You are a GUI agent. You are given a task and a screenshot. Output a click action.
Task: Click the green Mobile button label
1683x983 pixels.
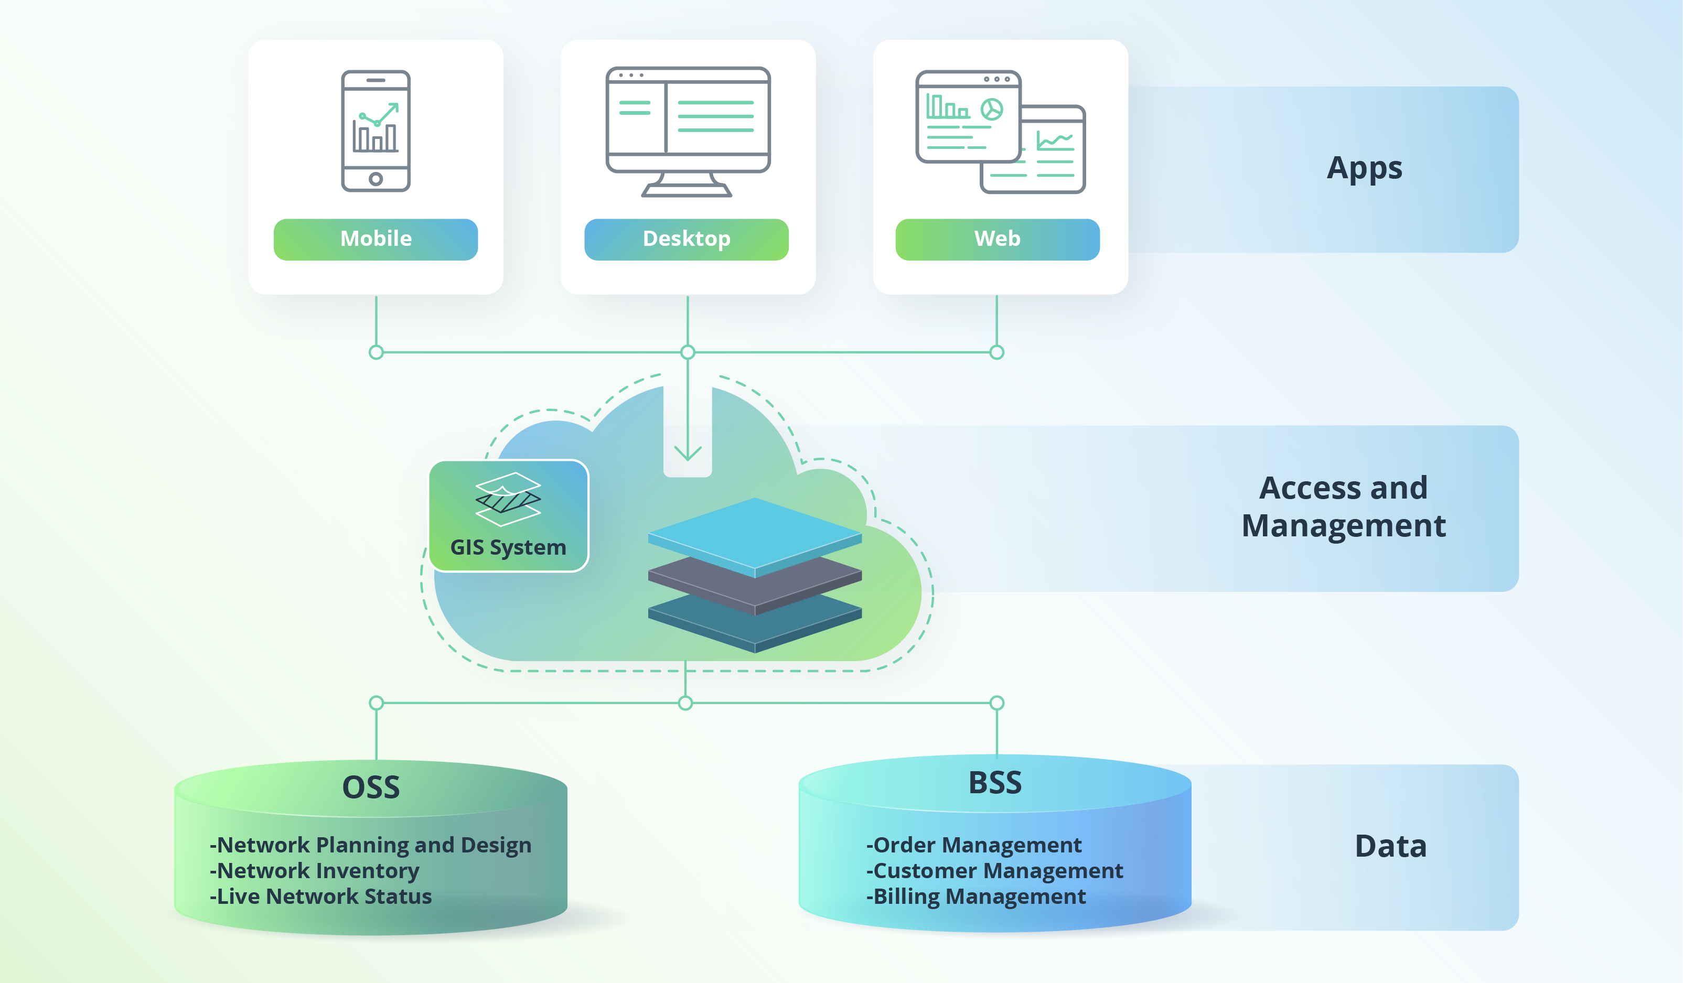pos(376,239)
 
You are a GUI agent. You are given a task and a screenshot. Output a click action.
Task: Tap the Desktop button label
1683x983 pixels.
pos(686,239)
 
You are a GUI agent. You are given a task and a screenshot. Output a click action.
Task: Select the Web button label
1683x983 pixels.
pos(997,239)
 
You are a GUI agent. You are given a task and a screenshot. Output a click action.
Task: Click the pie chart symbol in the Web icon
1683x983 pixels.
pos(992,109)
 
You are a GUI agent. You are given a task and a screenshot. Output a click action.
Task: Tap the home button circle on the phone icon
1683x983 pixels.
pos(376,179)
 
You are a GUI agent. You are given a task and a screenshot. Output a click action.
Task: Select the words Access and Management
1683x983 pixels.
pos(1343,506)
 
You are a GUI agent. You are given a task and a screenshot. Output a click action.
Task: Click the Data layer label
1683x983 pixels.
pos(1390,846)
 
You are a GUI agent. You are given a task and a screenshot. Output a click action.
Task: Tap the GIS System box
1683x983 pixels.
pos(508,515)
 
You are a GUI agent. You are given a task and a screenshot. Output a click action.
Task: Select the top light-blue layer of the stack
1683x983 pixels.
pos(755,531)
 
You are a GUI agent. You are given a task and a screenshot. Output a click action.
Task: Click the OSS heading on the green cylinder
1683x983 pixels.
pos(371,787)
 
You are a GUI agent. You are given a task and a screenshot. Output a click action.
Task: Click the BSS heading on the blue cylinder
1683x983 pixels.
pos(994,783)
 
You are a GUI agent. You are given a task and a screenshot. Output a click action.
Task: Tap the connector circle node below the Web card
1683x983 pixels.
pos(996,352)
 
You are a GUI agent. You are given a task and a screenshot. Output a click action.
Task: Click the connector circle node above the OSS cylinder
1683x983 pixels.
pos(376,703)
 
